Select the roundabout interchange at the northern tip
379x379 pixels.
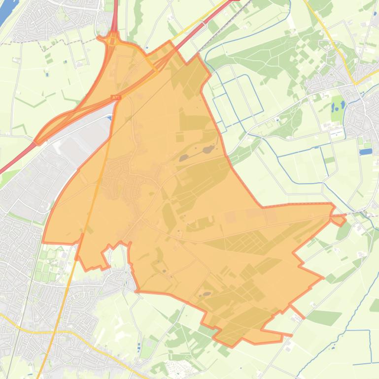point(113,39)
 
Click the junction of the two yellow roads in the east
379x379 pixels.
point(356,83)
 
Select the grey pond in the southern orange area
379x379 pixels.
point(206,294)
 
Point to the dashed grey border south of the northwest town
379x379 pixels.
point(49,43)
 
